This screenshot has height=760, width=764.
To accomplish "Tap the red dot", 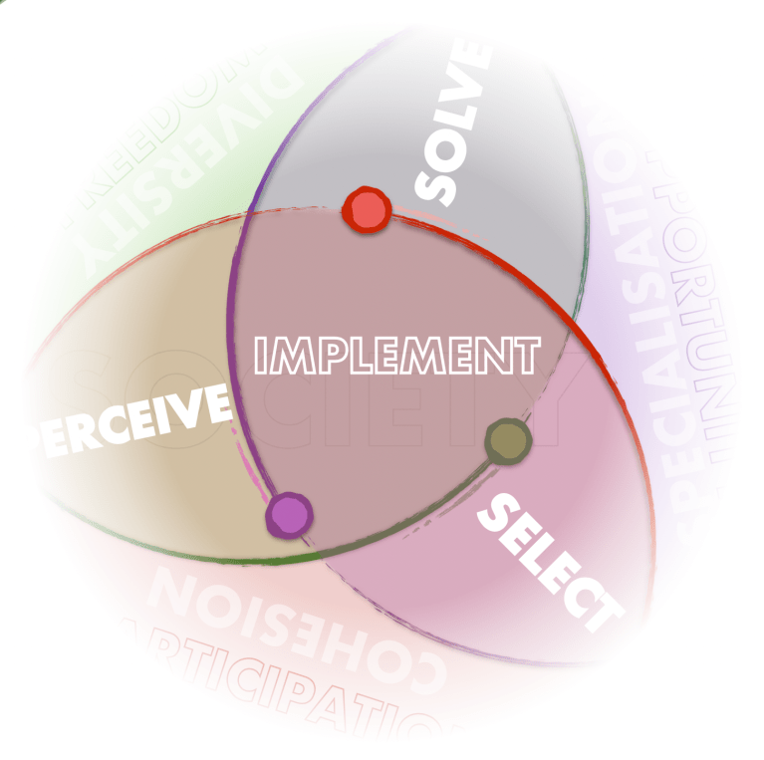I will pos(366,210).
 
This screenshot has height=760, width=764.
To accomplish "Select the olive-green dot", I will pos(508,440).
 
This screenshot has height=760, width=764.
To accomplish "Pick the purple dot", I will pos(289,514).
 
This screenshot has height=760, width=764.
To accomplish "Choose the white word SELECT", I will pos(547,562).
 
